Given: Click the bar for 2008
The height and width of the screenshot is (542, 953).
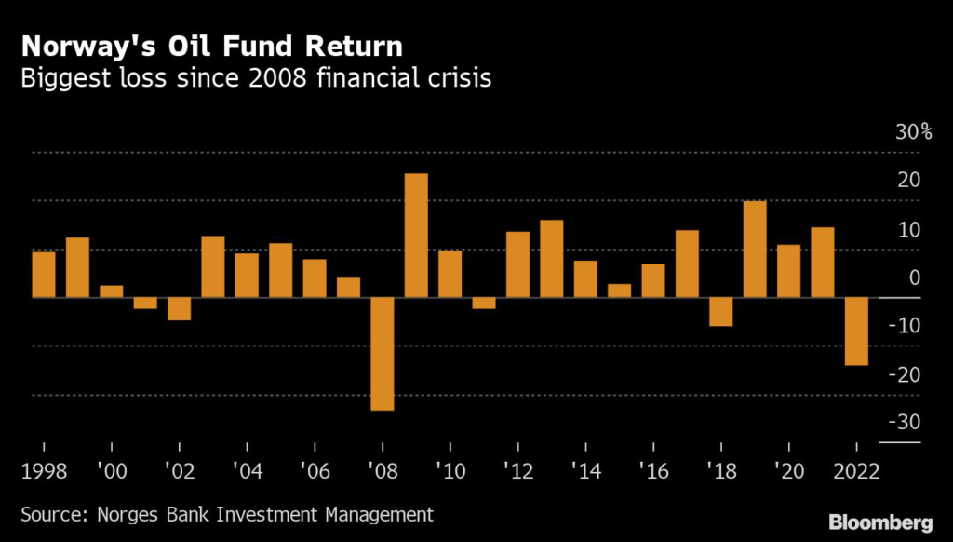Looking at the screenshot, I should click(x=383, y=354).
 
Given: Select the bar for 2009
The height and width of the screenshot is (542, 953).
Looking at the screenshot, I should click(x=416, y=236).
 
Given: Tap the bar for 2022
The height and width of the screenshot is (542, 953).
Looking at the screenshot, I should click(x=856, y=332).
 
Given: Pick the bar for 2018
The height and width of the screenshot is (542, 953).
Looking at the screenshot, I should click(x=720, y=312).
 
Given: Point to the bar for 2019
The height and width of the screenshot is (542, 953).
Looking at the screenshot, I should click(x=755, y=250).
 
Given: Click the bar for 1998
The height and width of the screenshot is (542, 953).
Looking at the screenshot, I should click(x=44, y=275).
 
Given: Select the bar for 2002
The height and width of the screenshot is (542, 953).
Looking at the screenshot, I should click(x=179, y=309).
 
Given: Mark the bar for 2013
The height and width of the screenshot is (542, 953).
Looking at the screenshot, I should click(x=552, y=259).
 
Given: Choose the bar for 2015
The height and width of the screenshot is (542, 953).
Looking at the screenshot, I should click(x=619, y=291).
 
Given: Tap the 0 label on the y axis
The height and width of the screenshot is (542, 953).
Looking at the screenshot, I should click(x=915, y=277).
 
